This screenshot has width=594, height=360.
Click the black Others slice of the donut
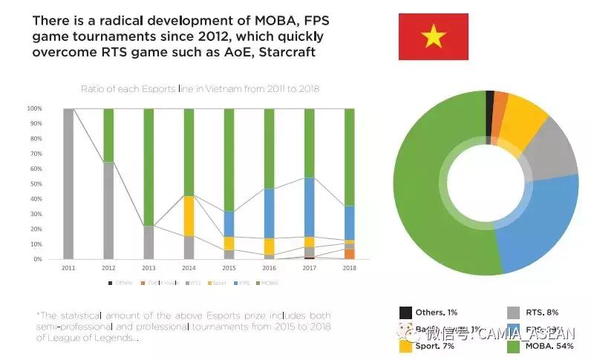coord(490,104)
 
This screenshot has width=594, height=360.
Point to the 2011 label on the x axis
coord(69,267)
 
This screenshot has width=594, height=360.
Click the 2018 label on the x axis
coord(349,267)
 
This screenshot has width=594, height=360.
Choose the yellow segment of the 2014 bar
coord(189,216)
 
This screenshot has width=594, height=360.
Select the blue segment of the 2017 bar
coord(309,207)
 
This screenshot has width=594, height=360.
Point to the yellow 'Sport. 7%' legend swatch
coord(405,346)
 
